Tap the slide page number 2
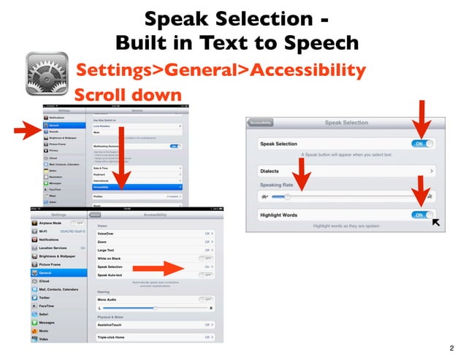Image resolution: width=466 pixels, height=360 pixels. click(452, 348)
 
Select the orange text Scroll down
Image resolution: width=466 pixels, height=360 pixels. click(127, 95)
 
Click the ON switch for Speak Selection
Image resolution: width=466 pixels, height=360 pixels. click(422, 144)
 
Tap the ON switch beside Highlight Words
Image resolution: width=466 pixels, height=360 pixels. click(422, 215)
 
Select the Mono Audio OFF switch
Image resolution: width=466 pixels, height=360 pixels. click(206, 299)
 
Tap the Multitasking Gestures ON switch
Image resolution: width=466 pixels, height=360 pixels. click(175, 146)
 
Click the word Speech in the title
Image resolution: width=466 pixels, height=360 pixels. click(321, 42)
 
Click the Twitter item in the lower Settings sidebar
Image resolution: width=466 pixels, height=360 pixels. click(45, 298)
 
